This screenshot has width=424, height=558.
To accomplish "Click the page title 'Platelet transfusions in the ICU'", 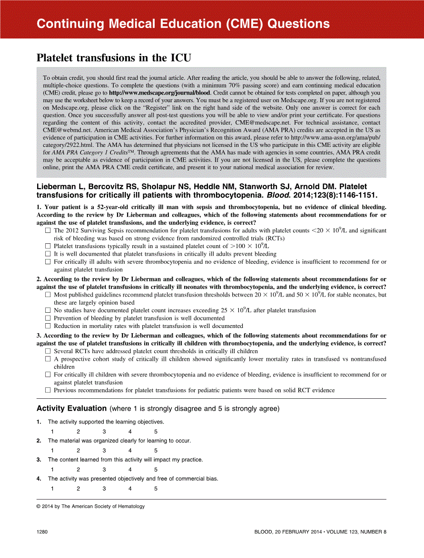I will tap(114, 58).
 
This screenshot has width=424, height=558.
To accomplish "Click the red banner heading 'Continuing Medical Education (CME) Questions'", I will tap(183, 24).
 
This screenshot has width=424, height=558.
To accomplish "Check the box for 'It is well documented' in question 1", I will tap(48, 254).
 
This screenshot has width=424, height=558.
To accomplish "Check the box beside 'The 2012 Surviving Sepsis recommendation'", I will tap(48, 231).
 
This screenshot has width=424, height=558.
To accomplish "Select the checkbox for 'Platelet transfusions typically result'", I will tap(48, 246).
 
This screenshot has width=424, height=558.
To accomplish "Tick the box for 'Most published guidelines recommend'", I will tap(48, 295).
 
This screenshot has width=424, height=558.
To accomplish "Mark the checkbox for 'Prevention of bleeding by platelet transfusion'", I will tap(48, 318).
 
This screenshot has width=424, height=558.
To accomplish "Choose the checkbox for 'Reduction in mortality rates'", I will tap(48, 326).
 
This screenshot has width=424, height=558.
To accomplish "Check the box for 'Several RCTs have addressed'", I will tap(48, 351).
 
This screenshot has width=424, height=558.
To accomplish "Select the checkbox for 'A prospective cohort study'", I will tap(48, 359).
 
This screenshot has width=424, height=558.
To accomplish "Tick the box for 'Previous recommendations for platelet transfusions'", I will tap(48, 390).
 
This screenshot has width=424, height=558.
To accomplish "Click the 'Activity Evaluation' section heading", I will tap(71, 408).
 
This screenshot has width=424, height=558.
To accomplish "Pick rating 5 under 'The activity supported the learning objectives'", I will tap(156, 432).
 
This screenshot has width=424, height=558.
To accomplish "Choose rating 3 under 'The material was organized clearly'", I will tap(104, 451).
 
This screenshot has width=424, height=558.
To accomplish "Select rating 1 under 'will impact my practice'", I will tap(52, 470).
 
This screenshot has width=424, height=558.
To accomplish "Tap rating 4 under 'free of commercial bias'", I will tap(130, 489).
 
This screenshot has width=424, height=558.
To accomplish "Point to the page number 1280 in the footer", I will tap(43, 532).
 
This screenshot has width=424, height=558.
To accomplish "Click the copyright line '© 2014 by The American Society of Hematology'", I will tap(90, 506).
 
